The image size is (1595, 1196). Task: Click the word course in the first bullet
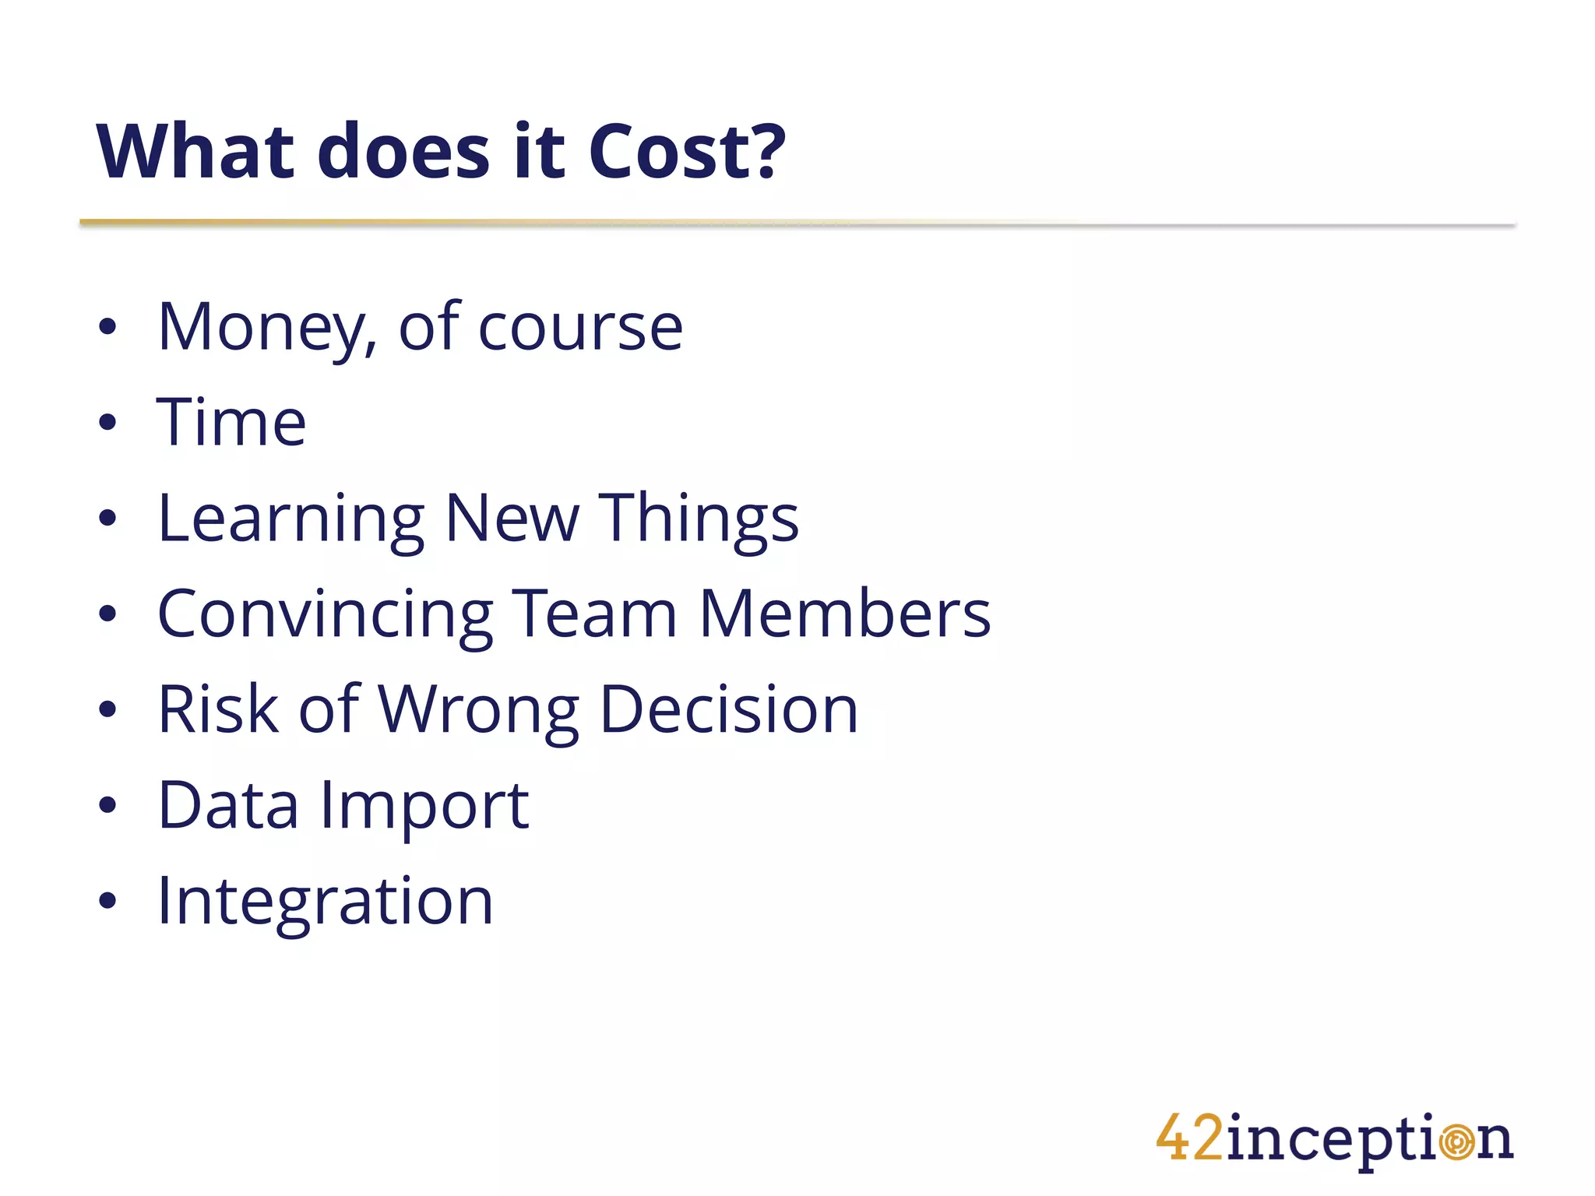[580, 328]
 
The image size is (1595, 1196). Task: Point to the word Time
[231, 422]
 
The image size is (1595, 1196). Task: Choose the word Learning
[290, 519]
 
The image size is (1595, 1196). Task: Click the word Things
[699, 519]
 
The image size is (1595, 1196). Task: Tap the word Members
[845, 614]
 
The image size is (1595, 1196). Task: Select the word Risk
[218, 709]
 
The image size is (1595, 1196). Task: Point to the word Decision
[729, 709]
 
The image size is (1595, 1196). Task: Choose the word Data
[228, 805]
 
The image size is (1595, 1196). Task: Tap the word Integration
[325, 902]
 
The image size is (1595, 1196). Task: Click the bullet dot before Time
[107, 423]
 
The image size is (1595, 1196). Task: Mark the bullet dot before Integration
[107, 901]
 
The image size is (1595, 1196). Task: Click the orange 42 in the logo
[1189, 1138]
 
